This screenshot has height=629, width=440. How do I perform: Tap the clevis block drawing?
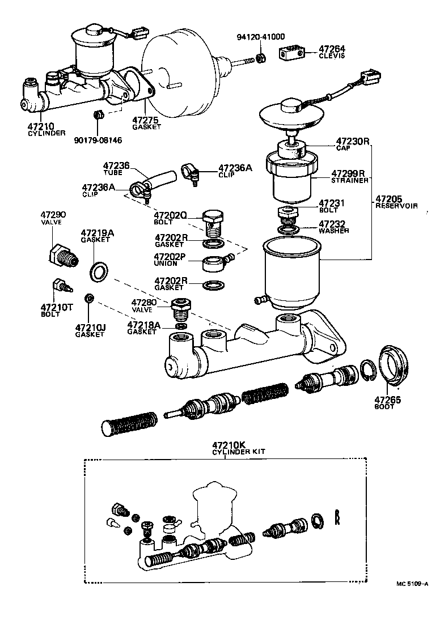click(290, 54)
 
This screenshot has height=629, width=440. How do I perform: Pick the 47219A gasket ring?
click(99, 271)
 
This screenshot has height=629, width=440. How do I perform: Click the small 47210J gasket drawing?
click(89, 298)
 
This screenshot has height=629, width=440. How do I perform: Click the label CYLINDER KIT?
click(238, 452)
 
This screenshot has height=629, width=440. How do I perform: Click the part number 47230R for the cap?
click(352, 141)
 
